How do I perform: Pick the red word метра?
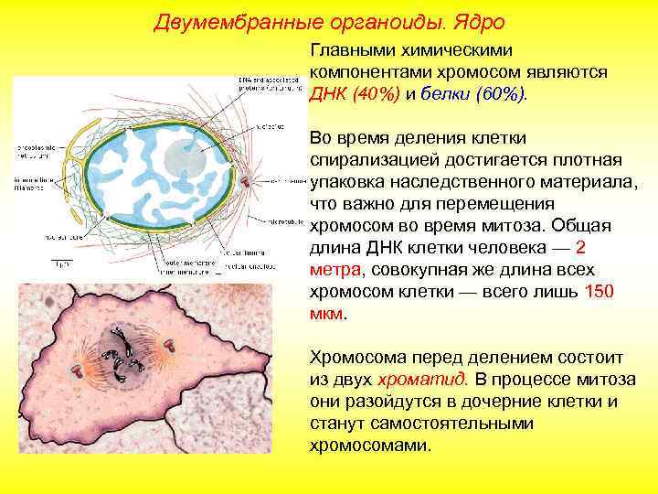point(336,270)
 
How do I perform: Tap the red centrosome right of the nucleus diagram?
point(245,180)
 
